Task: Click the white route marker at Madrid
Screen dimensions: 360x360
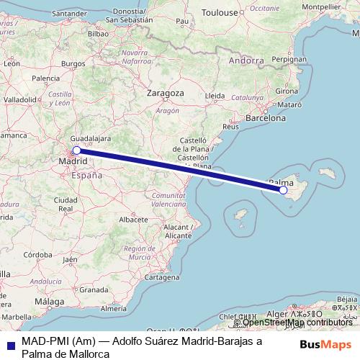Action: pyautogui.click(x=76, y=150)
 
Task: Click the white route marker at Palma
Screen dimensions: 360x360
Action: pyautogui.click(x=284, y=191)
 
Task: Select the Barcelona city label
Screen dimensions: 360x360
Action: pyautogui.click(x=266, y=117)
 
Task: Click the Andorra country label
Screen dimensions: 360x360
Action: pyautogui.click(x=245, y=61)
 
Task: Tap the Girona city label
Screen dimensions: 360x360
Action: pyautogui.click(x=287, y=91)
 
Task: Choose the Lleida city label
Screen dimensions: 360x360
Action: pyautogui.click(x=215, y=95)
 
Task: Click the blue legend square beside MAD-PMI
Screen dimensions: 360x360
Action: pyautogui.click(x=9, y=343)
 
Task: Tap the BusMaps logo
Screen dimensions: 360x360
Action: pyautogui.click(x=325, y=344)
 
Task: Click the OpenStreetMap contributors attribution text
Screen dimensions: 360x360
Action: pyautogui.click(x=296, y=323)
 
